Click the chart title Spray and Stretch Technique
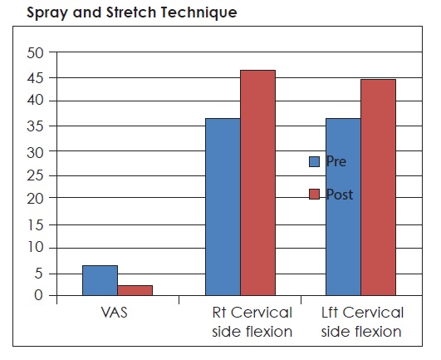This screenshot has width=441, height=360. click(x=120, y=13)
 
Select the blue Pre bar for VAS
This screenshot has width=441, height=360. click(x=100, y=280)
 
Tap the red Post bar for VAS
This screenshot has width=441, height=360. click(x=135, y=290)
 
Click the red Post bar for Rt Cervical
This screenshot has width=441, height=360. click(x=257, y=183)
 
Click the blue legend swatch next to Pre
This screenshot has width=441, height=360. click(x=314, y=161)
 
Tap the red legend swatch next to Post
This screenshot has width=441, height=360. click(x=314, y=194)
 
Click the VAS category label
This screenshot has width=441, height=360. click(x=117, y=313)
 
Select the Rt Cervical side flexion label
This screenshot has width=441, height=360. click(x=252, y=323)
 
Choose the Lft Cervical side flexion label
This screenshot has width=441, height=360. click(x=363, y=323)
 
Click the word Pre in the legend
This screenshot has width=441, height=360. click(x=336, y=161)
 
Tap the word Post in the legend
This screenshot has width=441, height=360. click(x=340, y=195)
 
